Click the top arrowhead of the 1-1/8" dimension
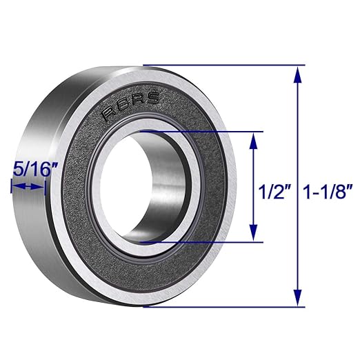[x=298, y=72]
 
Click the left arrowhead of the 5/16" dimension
[x=13, y=186]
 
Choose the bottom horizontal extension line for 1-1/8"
[x=228, y=307]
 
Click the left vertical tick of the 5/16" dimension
[x=10, y=186]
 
